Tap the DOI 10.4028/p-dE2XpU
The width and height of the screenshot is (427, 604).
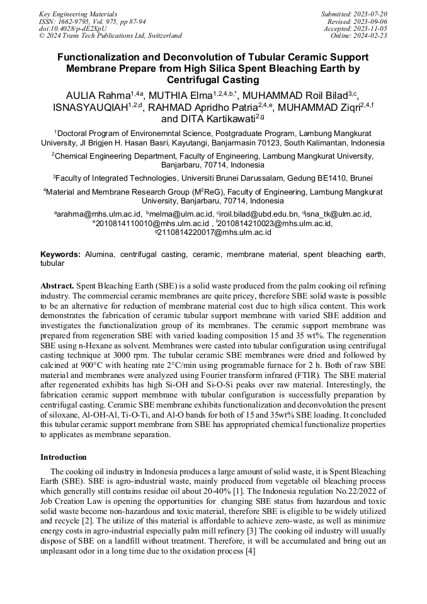pyautogui.click(x=73, y=28)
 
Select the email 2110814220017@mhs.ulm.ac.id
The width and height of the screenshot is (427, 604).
pyautogui.click(x=215, y=232)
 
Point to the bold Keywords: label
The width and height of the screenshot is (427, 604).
pyautogui.click(x=60, y=254)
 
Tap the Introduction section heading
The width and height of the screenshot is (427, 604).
pyautogui.click(x=63, y=457)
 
